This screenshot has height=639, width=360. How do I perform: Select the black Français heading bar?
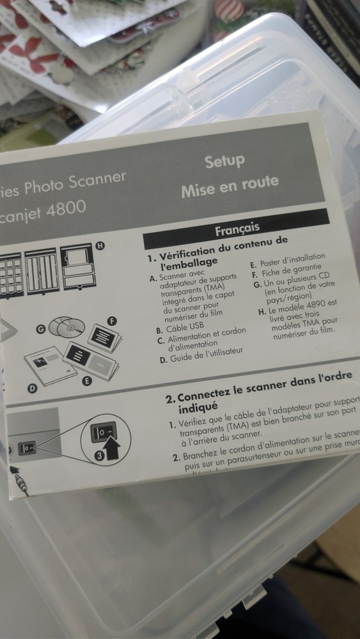point(237,228)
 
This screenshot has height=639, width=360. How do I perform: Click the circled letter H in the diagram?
point(100,245)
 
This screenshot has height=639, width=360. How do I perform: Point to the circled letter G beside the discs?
point(41,330)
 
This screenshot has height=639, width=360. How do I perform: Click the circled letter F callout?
point(112,321)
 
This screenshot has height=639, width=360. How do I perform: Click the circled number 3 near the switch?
point(100,455)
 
